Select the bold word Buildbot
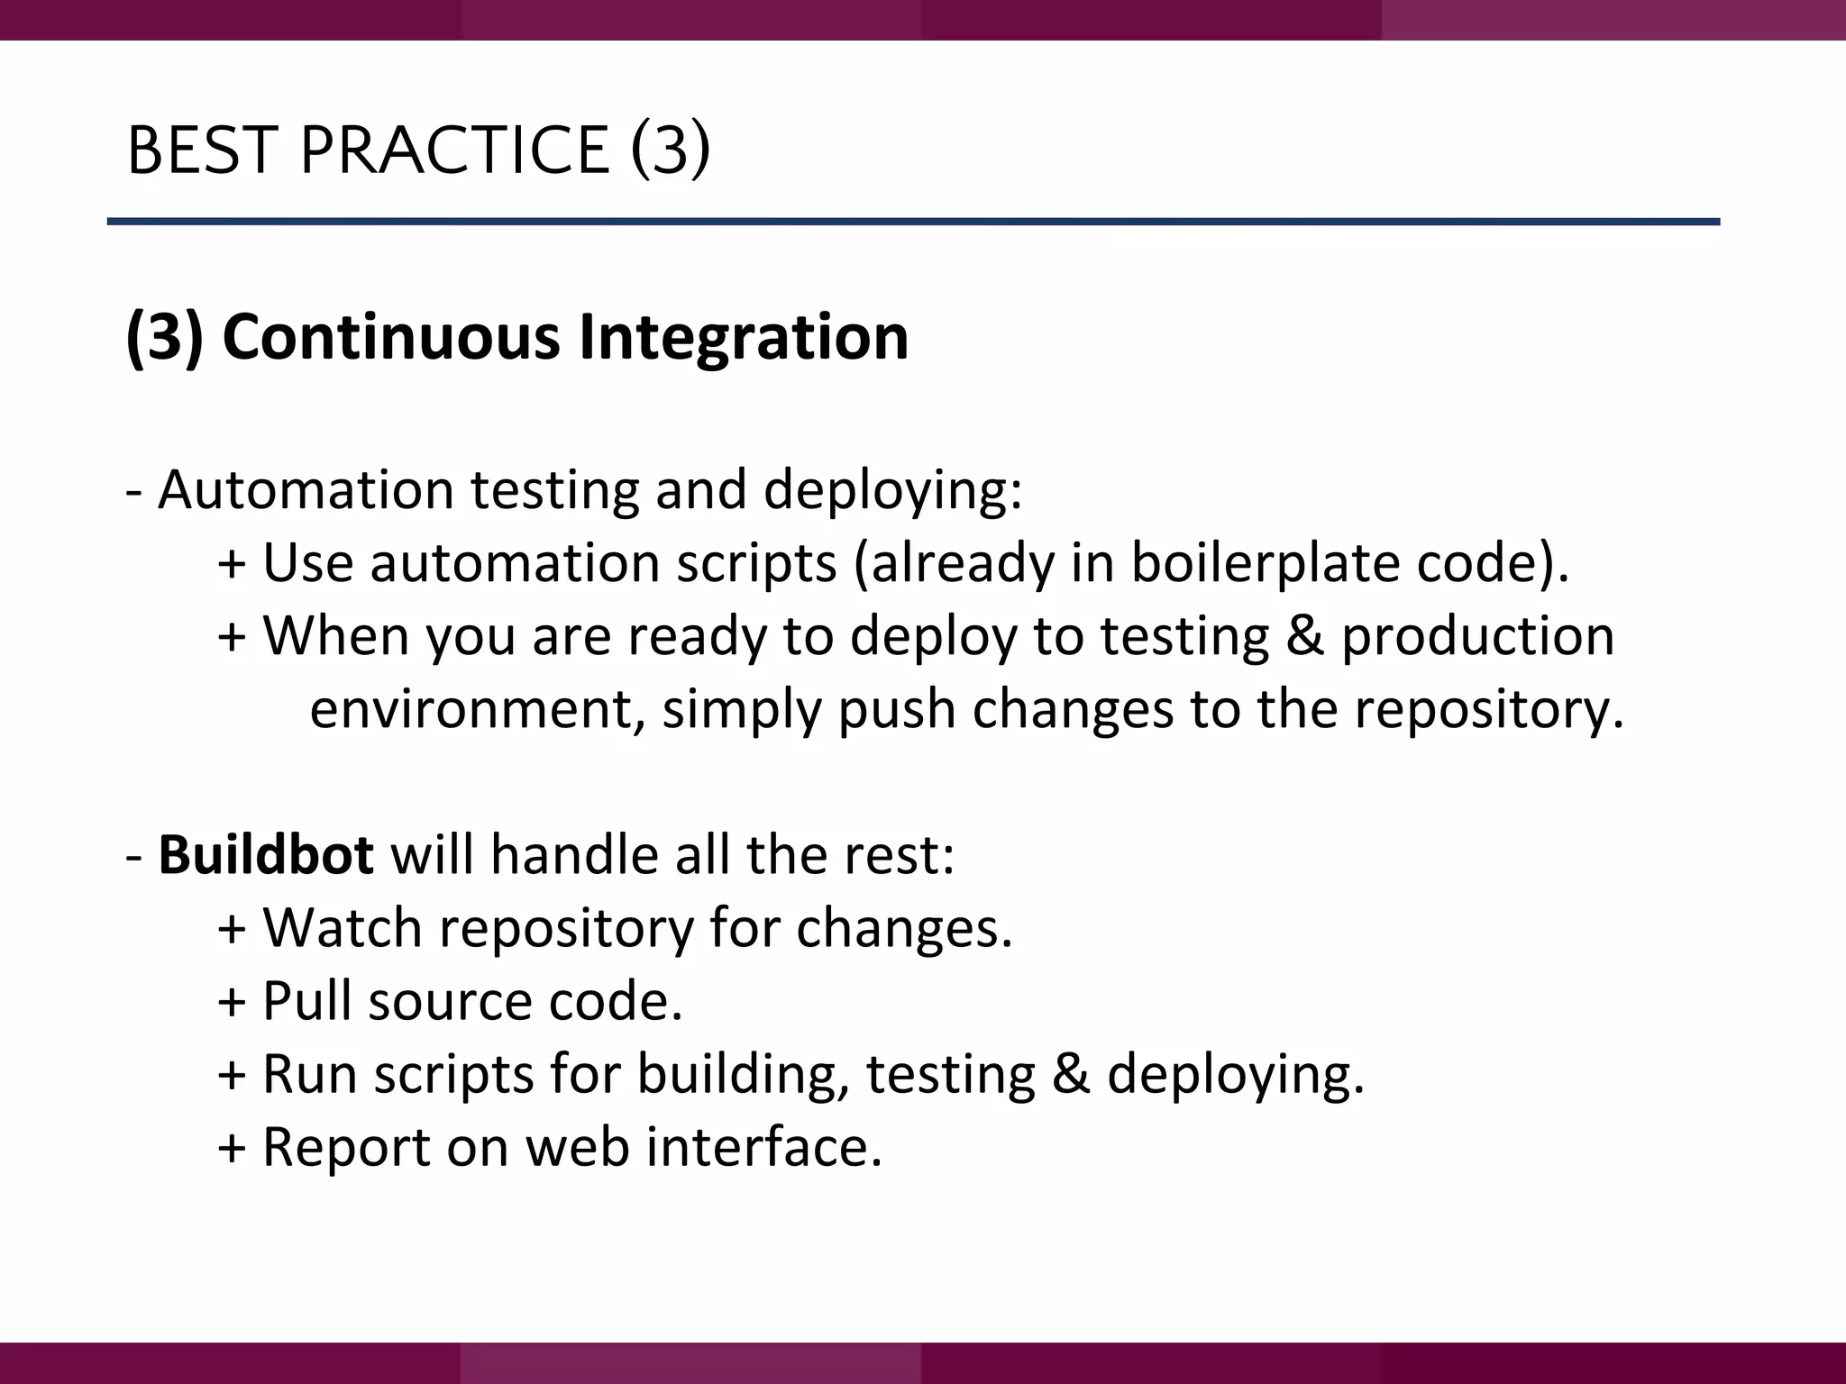click(266, 854)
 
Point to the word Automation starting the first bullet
click(306, 489)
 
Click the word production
click(1477, 636)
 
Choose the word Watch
click(343, 927)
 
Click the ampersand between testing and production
click(1304, 635)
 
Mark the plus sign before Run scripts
click(232, 1076)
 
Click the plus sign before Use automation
click(232, 565)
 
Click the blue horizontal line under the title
click(912, 221)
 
